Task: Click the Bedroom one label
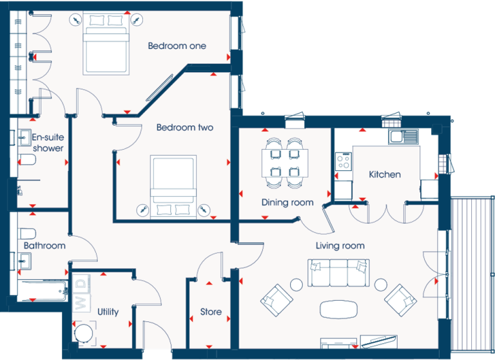[x=177, y=46]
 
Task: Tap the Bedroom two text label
[x=185, y=127]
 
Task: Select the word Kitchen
[x=385, y=174]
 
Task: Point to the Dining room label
[x=287, y=203]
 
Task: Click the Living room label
[x=340, y=246]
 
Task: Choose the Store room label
[x=211, y=312]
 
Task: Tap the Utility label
[x=108, y=312]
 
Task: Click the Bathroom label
[x=44, y=246]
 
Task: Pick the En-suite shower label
[x=48, y=143]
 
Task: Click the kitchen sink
[x=403, y=137]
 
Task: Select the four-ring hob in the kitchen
[x=344, y=161]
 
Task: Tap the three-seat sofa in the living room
[x=338, y=273]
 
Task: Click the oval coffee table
[x=339, y=310]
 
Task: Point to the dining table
[x=285, y=163]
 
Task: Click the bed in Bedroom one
[x=106, y=43]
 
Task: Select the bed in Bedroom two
[x=173, y=186]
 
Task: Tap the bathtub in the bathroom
[x=43, y=290]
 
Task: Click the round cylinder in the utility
[x=84, y=333]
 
